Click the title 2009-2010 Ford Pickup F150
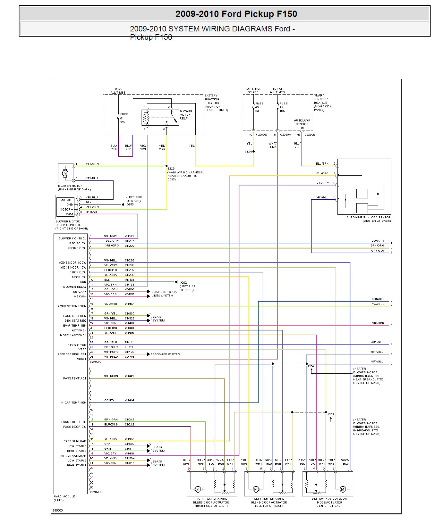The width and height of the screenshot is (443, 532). (x=236, y=14)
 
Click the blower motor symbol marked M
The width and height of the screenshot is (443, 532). (x=65, y=173)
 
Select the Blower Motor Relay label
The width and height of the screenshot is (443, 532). (x=186, y=115)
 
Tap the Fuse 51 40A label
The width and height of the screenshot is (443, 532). (x=124, y=118)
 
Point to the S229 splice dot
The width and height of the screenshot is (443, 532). (x=167, y=166)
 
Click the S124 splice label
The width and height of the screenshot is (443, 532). (x=248, y=152)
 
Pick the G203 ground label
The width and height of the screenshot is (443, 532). (x=130, y=204)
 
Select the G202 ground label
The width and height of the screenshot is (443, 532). (x=183, y=282)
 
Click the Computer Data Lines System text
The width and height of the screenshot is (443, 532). (x=164, y=294)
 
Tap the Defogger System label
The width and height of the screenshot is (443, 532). (x=166, y=354)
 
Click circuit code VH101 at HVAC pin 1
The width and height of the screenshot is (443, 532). (x=129, y=236)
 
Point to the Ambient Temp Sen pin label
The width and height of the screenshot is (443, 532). (x=72, y=306)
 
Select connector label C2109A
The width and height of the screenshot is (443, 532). (x=95, y=362)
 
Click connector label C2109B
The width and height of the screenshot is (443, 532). (x=95, y=492)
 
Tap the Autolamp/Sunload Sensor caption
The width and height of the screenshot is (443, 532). (x=368, y=219)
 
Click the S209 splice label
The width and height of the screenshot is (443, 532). (x=311, y=366)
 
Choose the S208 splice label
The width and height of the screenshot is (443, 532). (x=330, y=414)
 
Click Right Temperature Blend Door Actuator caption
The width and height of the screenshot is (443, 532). (x=211, y=502)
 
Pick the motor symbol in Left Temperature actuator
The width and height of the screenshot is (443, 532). (x=256, y=489)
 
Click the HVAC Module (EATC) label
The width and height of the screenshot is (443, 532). (x=64, y=498)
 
